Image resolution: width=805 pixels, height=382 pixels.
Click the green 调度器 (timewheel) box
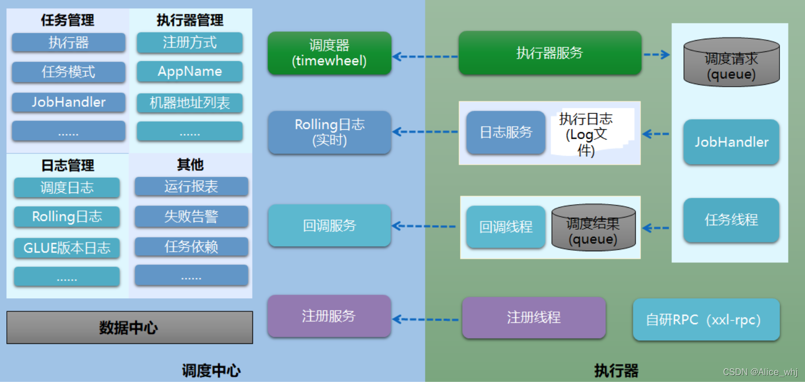329,53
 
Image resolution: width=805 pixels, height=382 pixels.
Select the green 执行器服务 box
550,53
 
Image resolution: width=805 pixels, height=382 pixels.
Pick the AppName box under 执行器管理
190,72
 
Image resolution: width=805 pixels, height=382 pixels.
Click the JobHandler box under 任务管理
69,102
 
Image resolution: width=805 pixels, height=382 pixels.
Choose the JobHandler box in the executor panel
731,142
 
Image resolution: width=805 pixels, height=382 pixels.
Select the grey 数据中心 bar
129,328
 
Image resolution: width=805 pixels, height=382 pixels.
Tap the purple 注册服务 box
329,316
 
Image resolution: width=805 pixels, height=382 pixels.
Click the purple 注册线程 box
533,317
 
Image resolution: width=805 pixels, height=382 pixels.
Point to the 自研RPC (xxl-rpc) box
705,320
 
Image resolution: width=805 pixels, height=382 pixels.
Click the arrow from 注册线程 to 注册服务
426,320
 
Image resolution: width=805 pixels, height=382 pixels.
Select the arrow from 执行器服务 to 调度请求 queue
656,54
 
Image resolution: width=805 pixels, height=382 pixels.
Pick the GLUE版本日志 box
67,248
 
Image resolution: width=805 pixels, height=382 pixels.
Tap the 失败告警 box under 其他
191,216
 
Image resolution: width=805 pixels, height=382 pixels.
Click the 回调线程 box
505,227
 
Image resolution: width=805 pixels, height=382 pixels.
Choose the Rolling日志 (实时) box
329,132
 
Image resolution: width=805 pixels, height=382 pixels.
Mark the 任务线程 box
731,220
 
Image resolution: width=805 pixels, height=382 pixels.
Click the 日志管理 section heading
68,166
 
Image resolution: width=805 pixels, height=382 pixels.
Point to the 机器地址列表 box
190,103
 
